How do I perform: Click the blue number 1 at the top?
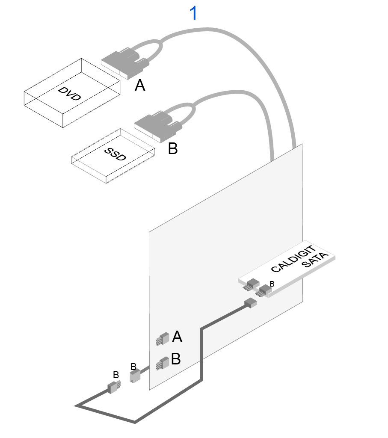click(194, 14)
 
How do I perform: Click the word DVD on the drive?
click(70, 94)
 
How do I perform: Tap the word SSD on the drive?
click(116, 154)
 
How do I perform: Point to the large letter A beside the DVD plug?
click(140, 86)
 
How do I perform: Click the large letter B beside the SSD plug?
click(172, 148)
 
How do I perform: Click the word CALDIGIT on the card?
click(294, 259)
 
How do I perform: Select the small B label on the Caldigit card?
click(272, 284)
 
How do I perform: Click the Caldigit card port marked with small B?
click(262, 291)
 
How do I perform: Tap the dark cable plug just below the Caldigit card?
click(250, 303)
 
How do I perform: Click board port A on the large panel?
click(162, 339)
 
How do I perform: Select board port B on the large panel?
click(162, 364)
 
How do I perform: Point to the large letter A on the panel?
click(177, 337)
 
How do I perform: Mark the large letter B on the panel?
click(176, 359)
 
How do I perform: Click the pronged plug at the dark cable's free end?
click(114, 388)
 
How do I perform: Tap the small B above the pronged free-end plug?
click(116, 375)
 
